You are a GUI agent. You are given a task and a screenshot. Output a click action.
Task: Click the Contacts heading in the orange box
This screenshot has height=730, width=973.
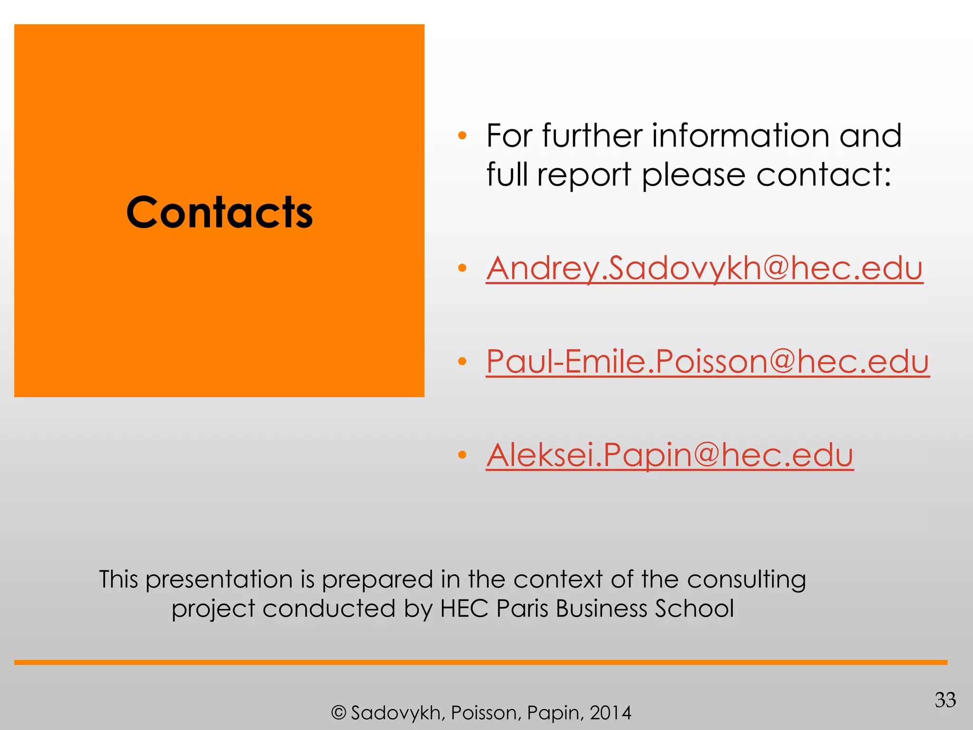[x=219, y=212]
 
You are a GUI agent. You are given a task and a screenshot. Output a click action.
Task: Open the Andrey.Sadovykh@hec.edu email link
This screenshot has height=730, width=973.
[x=704, y=268]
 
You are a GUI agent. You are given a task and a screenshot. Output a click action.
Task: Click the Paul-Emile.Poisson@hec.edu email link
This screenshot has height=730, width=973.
[x=707, y=362]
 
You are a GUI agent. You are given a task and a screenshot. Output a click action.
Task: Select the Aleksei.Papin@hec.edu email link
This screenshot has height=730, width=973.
[x=669, y=455]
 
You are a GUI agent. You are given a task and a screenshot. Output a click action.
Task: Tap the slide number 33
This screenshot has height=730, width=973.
[x=945, y=700]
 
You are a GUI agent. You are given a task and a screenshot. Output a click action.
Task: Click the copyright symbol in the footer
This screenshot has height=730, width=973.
[x=338, y=713]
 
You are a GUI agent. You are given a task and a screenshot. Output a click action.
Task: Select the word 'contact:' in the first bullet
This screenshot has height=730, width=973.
[x=823, y=175]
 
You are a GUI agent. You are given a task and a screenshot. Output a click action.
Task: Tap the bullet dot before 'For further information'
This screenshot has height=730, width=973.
[x=462, y=136]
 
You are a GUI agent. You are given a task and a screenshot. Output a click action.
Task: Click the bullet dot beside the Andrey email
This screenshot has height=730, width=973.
[x=462, y=269]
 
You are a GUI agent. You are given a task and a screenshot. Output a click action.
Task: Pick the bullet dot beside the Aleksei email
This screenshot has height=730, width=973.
[x=462, y=455]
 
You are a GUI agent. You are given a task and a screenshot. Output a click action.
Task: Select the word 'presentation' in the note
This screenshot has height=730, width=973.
[x=219, y=580]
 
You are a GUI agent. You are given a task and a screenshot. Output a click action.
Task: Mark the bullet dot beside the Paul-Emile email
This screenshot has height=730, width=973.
[x=462, y=362]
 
